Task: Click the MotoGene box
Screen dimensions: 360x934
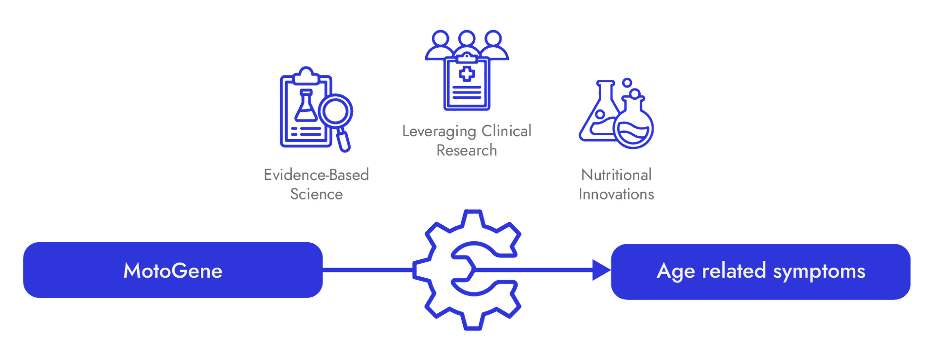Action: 173,270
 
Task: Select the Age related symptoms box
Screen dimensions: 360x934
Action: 760,271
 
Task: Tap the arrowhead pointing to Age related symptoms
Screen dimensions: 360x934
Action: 601,270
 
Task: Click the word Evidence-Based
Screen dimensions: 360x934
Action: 316,174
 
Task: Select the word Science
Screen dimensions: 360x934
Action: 316,194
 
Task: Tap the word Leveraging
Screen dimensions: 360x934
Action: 439,131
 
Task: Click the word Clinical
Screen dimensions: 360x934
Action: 506,130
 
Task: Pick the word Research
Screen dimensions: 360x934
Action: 467,150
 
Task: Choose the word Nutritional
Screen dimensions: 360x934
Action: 616,174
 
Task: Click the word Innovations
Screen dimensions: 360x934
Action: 616,194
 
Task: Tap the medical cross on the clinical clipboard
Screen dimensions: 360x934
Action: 467,74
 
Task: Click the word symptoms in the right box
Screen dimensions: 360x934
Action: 819,271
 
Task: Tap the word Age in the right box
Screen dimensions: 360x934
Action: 676,271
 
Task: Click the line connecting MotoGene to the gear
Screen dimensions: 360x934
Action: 367,268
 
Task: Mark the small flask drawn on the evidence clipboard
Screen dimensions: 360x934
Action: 306,107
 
